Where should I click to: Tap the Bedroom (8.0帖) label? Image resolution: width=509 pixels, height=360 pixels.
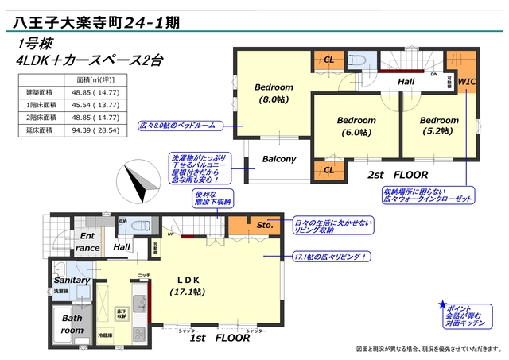[x=274, y=93]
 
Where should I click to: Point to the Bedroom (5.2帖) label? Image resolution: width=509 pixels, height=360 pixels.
[x=439, y=126]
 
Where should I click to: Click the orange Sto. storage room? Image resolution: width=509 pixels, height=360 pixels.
[x=266, y=226]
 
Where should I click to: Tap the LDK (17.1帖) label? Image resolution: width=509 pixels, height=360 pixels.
[x=187, y=285]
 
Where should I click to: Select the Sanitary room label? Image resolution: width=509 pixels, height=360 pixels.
[x=72, y=281]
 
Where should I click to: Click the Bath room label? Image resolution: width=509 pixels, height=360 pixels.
[x=72, y=324]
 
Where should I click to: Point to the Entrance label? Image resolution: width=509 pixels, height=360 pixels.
[x=87, y=242]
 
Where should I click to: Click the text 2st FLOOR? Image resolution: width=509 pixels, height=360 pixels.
[x=398, y=174]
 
